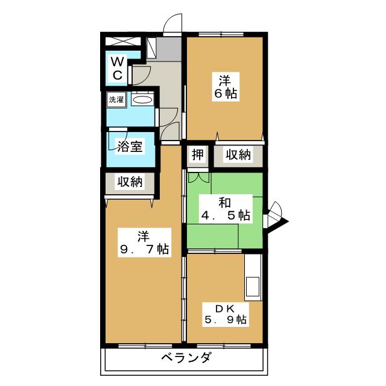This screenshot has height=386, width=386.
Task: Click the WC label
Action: point(118,68)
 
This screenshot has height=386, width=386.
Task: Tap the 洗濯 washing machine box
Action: point(116,100)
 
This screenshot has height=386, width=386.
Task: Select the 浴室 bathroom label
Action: point(130,147)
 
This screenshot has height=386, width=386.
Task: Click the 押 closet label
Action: point(197,156)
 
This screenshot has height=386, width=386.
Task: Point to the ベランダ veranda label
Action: point(186,358)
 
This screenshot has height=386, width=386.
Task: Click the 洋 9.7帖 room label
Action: point(143,242)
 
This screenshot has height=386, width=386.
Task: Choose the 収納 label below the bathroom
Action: point(130,182)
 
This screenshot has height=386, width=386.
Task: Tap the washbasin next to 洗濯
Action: point(142,100)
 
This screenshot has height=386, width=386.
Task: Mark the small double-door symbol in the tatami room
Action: point(197,177)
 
